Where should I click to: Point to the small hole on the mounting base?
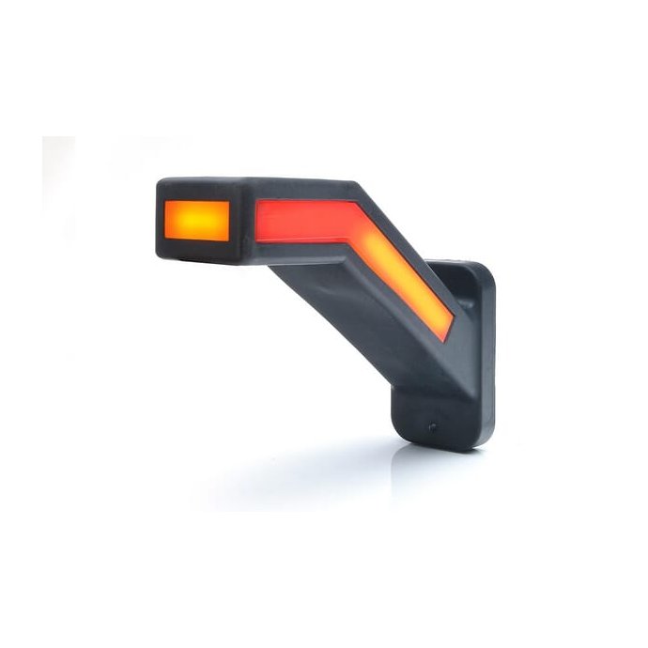432,426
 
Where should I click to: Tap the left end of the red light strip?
258,221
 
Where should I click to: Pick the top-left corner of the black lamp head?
160,182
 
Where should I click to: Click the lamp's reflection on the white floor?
376,470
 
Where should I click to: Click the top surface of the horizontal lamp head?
263,186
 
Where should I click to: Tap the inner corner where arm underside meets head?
272,265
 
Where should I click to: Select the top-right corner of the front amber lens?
229,201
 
